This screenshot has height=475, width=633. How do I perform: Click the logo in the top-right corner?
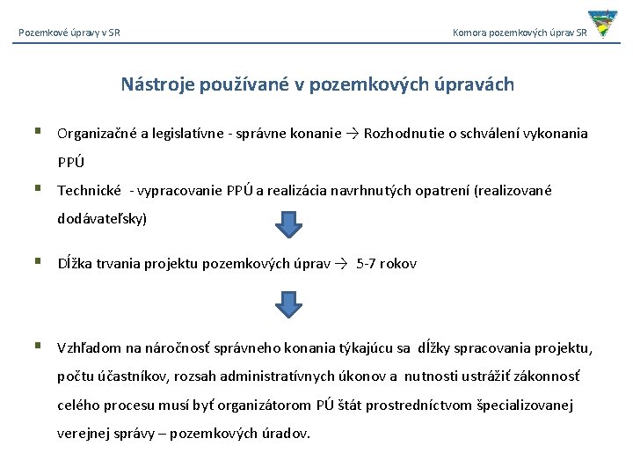[602, 24]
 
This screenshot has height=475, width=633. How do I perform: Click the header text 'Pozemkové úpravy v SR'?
[69, 33]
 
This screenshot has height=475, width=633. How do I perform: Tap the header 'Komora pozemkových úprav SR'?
[520, 33]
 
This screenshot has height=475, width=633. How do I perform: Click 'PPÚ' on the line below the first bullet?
[71, 162]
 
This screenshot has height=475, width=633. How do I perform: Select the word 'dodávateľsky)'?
[102, 218]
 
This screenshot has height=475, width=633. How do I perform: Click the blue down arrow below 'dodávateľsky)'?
[288, 224]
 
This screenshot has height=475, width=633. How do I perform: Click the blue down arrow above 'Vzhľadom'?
[288, 303]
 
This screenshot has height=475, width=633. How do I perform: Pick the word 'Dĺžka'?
[75, 264]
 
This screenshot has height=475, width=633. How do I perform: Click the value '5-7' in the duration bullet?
[367, 264]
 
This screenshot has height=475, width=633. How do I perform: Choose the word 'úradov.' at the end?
[287, 434]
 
